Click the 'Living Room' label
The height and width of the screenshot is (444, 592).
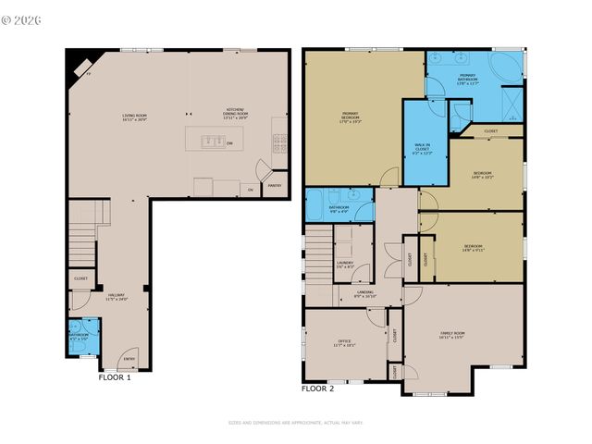point(135,117)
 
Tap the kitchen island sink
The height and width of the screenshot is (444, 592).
point(210,142)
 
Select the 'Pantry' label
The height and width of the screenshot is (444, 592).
point(274,185)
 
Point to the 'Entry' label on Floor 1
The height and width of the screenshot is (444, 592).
point(129,360)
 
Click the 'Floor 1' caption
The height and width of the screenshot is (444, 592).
point(115,377)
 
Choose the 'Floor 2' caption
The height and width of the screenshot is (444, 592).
point(317,388)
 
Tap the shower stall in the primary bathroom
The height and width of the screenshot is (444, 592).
point(509,100)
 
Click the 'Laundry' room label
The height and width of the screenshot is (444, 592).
point(344,265)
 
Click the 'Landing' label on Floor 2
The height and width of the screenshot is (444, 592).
point(364,293)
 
